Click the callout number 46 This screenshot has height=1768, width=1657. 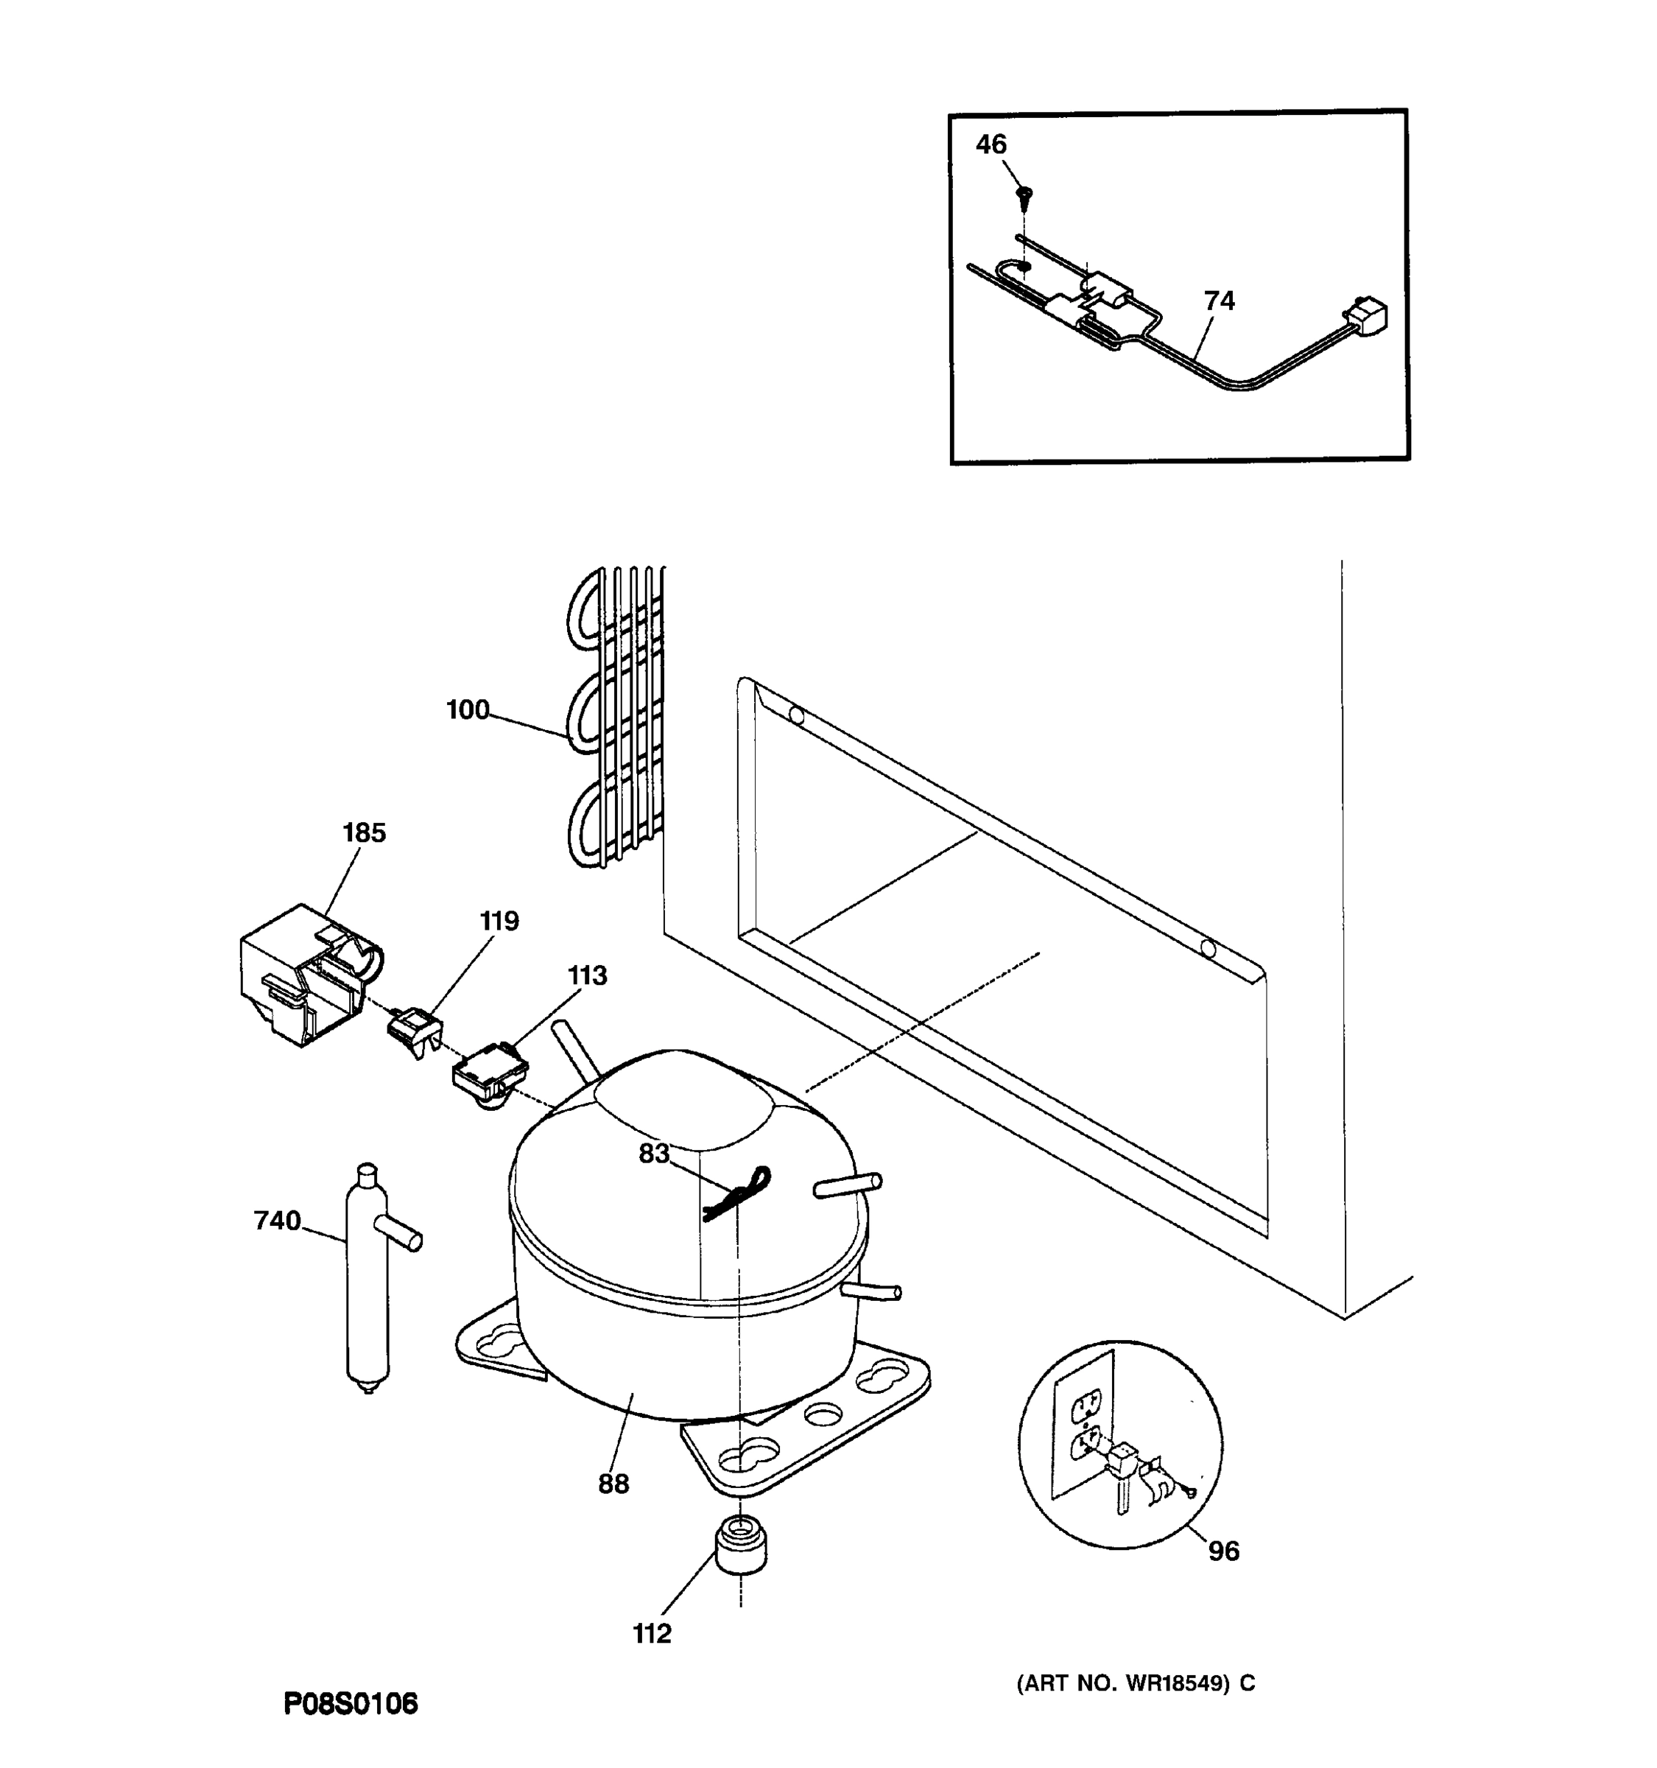pyautogui.click(x=991, y=144)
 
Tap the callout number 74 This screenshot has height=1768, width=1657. pyautogui.click(x=1219, y=301)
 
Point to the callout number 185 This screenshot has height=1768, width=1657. pyautogui.click(x=365, y=833)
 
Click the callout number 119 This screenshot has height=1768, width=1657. pyautogui.click(x=499, y=922)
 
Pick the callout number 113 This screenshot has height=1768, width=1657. pyautogui.click(x=587, y=975)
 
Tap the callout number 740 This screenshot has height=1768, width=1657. pyautogui.click(x=278, y=1221)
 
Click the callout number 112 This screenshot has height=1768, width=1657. pyautogui.click(x=652, y=1634)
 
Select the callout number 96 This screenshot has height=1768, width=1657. pyautogui.click(x=1223, y=1551)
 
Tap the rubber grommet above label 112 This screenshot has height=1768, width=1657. pyautogui.click(x=739, y=1545)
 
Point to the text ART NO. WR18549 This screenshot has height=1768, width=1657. pyautogui.click(x=1135, y=1683)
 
